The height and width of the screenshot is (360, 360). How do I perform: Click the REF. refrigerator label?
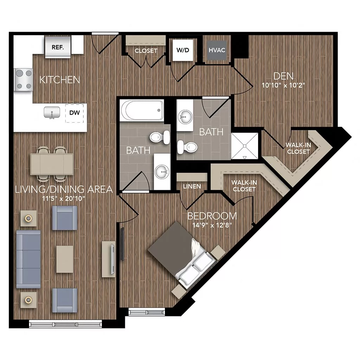pyautogui.click(x=58, y=47)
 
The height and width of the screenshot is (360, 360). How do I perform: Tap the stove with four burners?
pyautogui.click(x=24, y=79)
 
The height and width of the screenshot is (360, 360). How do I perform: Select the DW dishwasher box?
pyautogui.click(x=75, y=113)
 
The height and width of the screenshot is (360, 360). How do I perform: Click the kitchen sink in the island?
pyautogui.click(x=51, y=113)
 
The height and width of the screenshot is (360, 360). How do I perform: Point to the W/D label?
pyautogui.click(x=182, y=50)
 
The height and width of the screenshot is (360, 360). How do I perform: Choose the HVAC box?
pyautogui.click(x=217, y=50)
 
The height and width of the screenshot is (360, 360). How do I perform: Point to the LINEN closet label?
pyautogui.click(x=192, y=186)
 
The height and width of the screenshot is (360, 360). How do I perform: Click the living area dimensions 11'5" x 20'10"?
pyautogui.click(x=64, y=198)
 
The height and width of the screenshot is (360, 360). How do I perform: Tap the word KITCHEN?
pyautogui.click(x=59, y=80)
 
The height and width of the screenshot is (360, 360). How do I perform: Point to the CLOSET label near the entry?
pyautogui.click(x=146, y=51)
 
